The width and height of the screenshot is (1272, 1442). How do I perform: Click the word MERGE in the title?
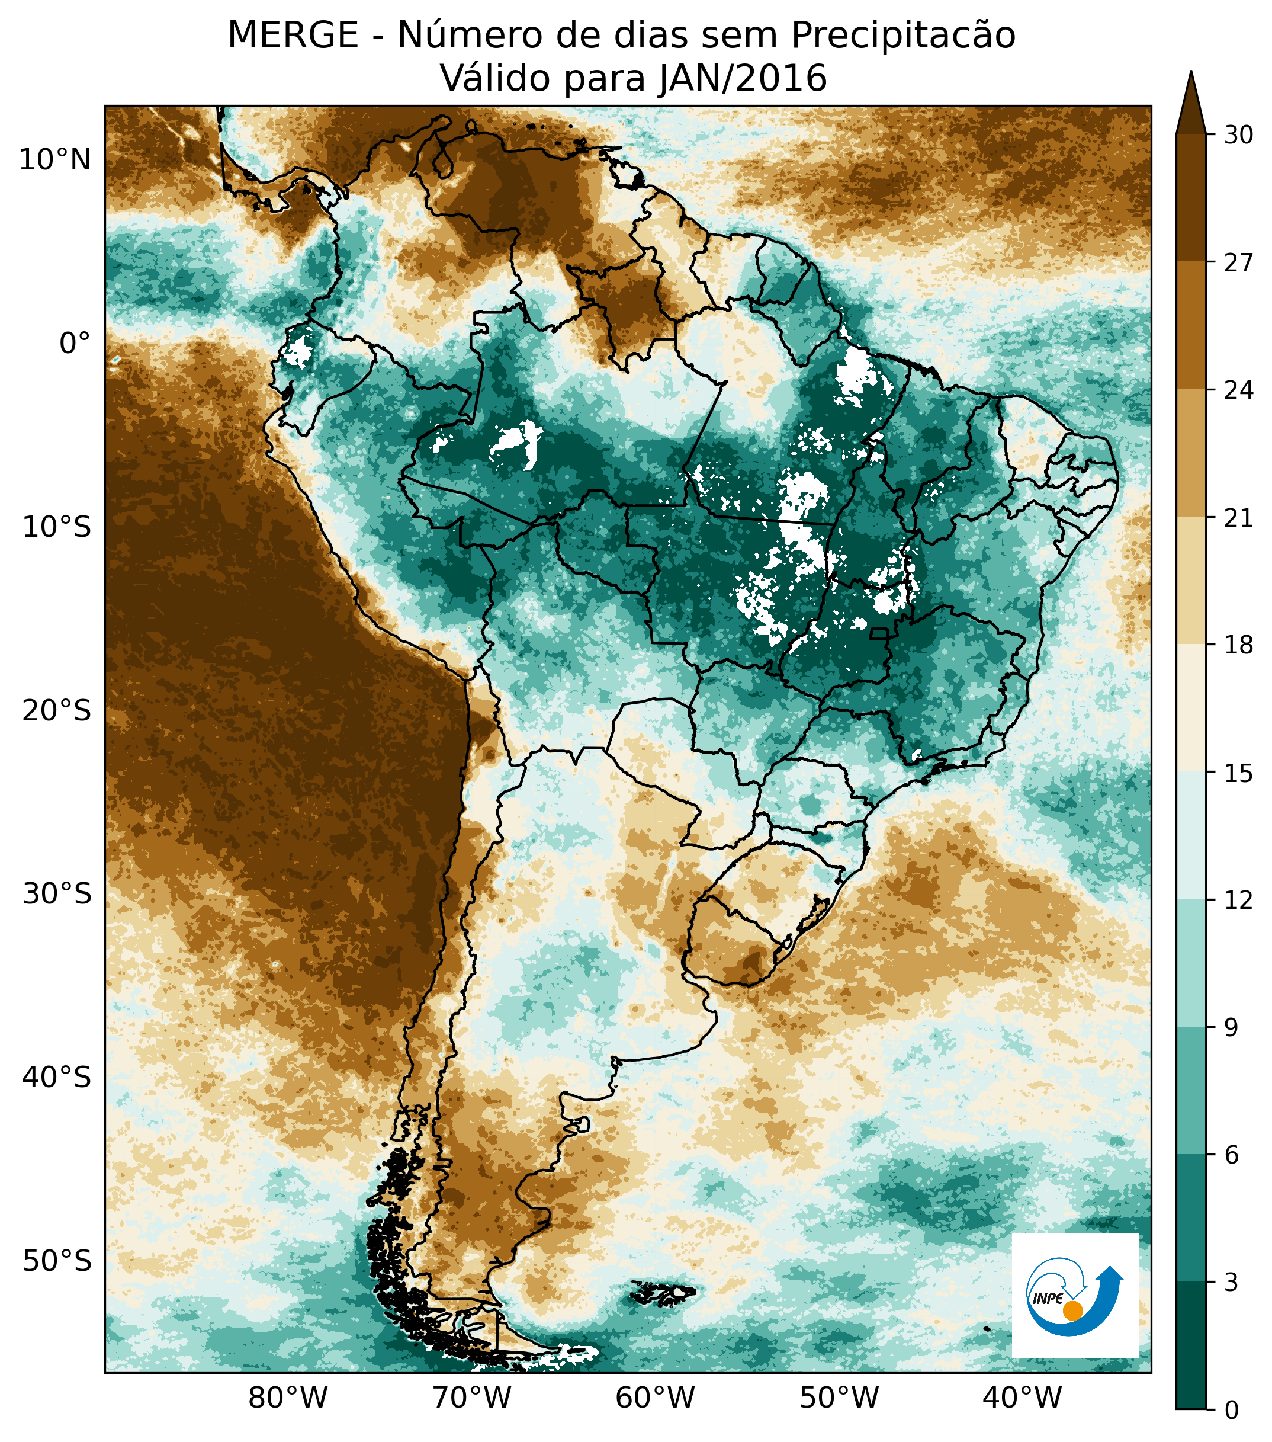[x=293, y=36]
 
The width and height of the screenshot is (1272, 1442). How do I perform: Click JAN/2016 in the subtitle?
[x=742, y=78]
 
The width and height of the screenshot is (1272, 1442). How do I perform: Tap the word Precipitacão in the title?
[x=902, y=36]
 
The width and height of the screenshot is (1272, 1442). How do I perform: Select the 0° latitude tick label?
[x=75, y=344]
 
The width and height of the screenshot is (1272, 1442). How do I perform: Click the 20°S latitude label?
[x=56, y=710]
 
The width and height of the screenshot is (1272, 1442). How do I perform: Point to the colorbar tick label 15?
[x=1238, y=774]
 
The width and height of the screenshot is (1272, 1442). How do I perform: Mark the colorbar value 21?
[x=1238, y=518]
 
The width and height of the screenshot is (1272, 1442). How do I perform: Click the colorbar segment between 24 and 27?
[x=1191, y=326]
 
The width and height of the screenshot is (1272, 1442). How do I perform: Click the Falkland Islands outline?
[x=663, y=1293]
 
